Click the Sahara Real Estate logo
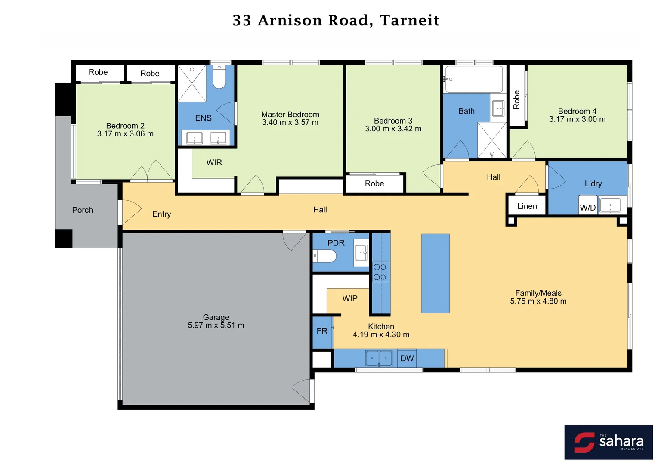[x=608, y=442]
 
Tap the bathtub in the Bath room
[x=474, y=79]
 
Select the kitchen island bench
[x=435, y=273]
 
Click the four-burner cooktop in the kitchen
[x=380, y=272]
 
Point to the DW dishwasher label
[x=407, y=358]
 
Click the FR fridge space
[x=322, y=331]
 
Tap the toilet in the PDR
[x=325, y=256]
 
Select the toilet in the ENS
[x=219, y=77]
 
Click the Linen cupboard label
[x=527, y=206]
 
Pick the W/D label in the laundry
[x=587, y=208]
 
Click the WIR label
[x=214, y=162]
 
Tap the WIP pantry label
[x=349, y=298]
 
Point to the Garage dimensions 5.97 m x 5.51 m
[x=216, y=325]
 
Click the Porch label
[x=82, y=210]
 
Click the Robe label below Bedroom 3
[x=374, y=183]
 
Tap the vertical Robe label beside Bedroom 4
[x=516, y=100]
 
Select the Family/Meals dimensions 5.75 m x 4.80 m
[x=538, y=301]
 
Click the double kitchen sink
[x=379, y=358]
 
